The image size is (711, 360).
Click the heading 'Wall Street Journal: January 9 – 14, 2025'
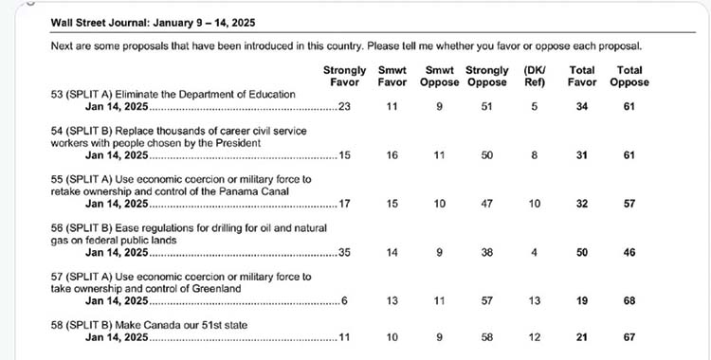pos(153,23)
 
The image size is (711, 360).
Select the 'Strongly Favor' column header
pos(345,76)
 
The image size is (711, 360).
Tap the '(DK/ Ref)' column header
pos(535,76)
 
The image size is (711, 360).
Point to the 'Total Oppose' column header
pos(629,76)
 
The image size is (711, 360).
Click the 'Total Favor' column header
pos(582,76)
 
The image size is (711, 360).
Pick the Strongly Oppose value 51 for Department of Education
pos(487,106)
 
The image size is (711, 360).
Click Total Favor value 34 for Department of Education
pos(582,106)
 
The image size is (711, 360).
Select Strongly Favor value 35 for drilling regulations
pos(345,253)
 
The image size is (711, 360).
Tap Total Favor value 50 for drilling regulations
pos(582,253)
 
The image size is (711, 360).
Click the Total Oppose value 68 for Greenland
pos(629,301)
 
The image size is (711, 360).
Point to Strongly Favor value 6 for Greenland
pos(345,301)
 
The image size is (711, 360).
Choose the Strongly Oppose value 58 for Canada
pos(487,337)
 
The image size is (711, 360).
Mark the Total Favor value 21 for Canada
pos(582,337)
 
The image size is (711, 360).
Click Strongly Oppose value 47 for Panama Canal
pos(487,204)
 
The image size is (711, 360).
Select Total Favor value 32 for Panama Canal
pos(582,204)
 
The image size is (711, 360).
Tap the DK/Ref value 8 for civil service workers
pos(535,155)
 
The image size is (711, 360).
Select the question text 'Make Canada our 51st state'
pos(181,325)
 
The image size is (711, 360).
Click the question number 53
pos(57,95)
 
